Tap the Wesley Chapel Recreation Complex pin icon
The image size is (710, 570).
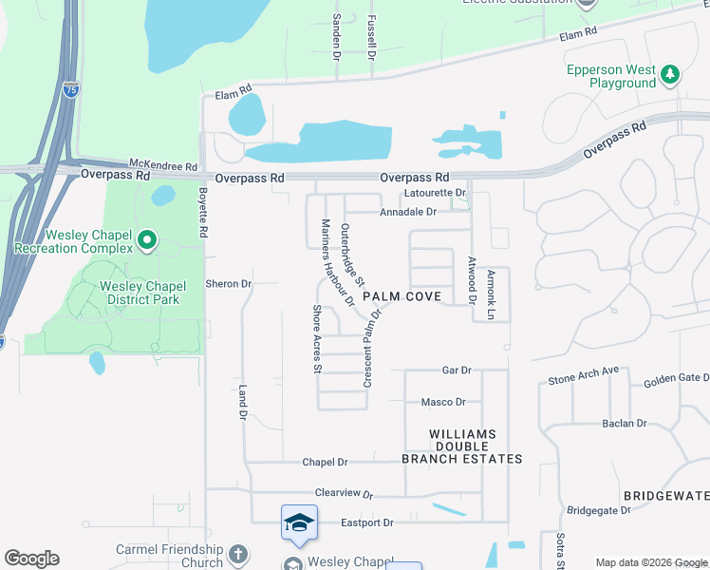[146, 241]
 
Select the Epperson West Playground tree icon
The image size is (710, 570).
[670, 73]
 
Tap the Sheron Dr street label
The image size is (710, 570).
[229, 284]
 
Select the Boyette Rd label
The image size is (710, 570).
[202, 212]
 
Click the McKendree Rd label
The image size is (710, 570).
[163, 164]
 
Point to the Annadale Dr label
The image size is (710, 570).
[407, 212]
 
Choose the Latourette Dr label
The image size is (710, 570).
[435, 193]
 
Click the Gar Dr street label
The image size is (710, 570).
[457, 370]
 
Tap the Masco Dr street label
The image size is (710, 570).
[443, 403]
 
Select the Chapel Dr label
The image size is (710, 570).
[326, 463]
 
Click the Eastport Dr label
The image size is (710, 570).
[367, 523]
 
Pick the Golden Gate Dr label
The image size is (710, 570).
[676, 381]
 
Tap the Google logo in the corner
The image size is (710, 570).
[31, 559]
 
